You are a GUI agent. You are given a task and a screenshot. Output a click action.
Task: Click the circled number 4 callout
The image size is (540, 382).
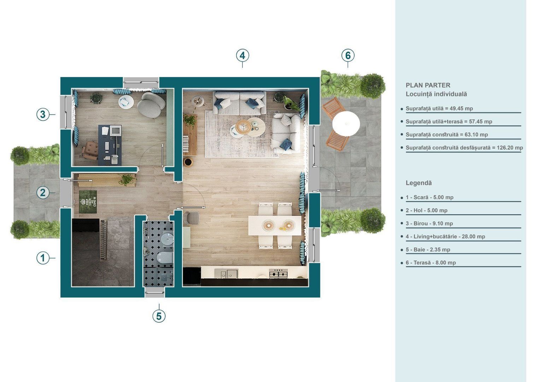tap(242, 56)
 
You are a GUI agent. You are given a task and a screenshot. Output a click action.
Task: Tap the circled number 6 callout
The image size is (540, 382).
tap(348, 56)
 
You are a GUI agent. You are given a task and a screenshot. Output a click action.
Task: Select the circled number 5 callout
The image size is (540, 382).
tap(159, 316)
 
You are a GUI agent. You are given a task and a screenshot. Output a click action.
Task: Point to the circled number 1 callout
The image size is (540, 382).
tap(43, 258)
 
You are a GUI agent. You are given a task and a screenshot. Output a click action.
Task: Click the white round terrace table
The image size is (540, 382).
tap(346, 124)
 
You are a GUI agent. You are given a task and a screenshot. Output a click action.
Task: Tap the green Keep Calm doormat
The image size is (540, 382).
tap(88, 202)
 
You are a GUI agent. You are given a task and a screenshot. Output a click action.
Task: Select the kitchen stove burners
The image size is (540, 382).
tap(278, 273)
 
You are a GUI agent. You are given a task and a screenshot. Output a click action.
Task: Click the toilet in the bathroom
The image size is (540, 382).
tap(165, 257)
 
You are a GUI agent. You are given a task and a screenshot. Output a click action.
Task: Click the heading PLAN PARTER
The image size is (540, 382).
tap(428, 85)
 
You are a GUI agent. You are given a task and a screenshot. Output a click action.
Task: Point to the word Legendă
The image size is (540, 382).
tap(418, 183)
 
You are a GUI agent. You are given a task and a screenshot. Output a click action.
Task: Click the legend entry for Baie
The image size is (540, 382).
tap(428, 250)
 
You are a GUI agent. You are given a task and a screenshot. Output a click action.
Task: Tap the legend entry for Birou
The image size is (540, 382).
tap(429, 224)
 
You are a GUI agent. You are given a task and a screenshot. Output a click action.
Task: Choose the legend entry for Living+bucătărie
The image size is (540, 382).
tap(445, 237)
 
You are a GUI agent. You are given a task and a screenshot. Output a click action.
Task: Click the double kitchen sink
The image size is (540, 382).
tap(227, 273)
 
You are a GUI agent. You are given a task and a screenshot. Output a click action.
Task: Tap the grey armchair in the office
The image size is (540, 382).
tap(151, 105)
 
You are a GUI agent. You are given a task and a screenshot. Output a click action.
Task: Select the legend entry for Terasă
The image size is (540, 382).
tap(430, 263)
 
